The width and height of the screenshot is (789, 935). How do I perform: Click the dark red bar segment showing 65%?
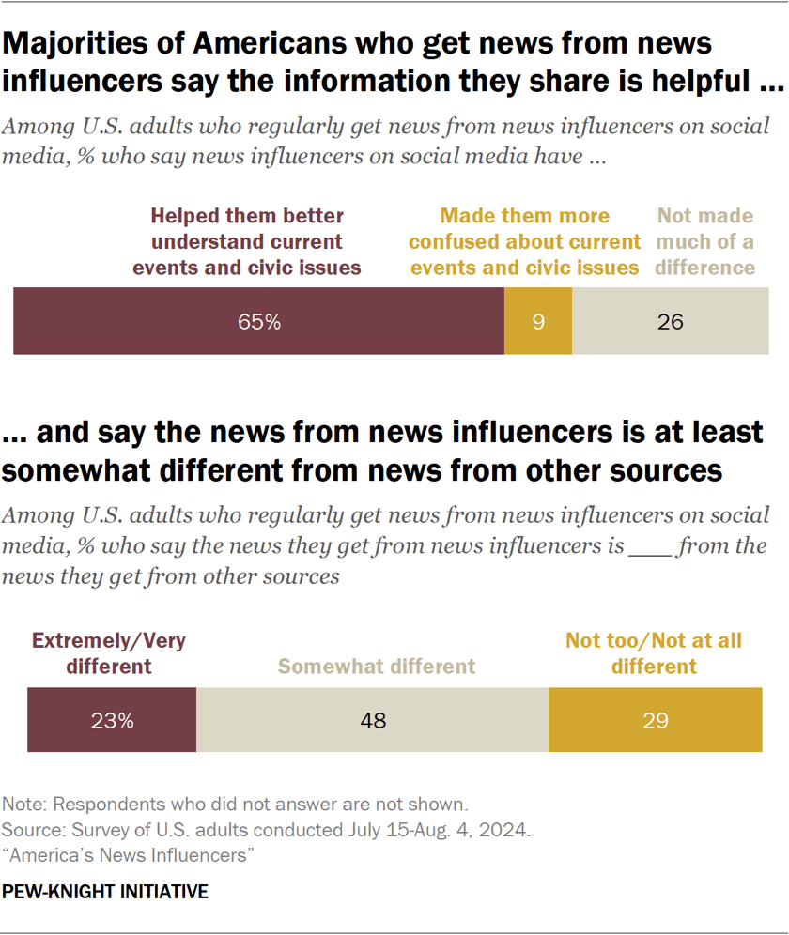tap(258, 322)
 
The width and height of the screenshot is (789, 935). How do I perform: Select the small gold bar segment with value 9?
tap(537, 322)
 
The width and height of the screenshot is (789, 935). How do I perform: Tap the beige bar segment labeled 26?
tap(670, 322)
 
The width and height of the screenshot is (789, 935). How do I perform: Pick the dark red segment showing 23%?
tap(112, 720)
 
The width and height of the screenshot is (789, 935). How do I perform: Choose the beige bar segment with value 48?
tap(372, 720)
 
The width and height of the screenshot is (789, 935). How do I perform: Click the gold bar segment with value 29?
tap(655, 720)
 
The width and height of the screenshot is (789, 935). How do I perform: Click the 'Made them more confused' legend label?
tap(524, 242)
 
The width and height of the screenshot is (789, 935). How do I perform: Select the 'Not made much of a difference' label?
tap(704, 242)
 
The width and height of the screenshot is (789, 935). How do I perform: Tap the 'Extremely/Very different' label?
tap(109, 654)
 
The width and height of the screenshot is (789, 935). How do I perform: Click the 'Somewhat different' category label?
tap(376, 667)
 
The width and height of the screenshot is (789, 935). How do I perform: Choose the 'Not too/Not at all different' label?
tap(654, 654)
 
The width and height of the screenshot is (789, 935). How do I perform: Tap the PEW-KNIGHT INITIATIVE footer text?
tap(105, 891)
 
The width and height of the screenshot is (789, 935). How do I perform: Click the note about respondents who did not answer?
tap(235, 805)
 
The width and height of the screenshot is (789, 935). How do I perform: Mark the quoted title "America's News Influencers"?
tap(131, 856)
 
